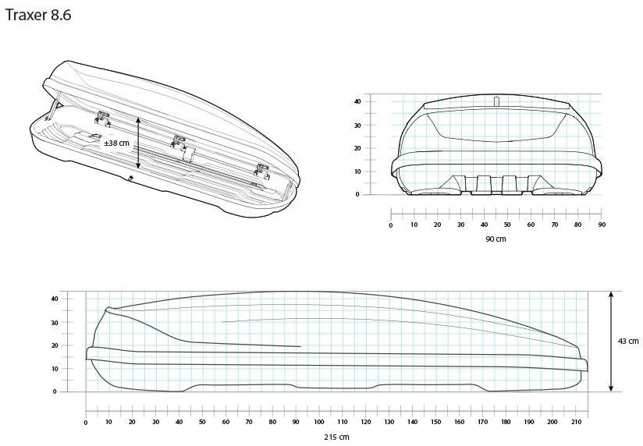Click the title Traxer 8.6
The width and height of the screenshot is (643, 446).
[x=38, y=15]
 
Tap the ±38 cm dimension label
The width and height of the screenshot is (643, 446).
[x=116, y=143]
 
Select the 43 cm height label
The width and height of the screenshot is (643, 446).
[x=628, y=341]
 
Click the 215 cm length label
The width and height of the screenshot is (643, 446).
[x=336, y=437]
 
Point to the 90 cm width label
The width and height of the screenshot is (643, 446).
[x=496, y=239]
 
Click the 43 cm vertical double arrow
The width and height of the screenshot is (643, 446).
[x=611, y=341]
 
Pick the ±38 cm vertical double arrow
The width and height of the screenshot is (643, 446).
[x=138, y=143]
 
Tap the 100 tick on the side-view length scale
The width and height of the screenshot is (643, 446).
[x=319, y=422]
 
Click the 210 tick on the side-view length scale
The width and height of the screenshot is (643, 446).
[x=576, y=422]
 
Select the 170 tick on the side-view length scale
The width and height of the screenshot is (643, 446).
[x=483, y=422]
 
